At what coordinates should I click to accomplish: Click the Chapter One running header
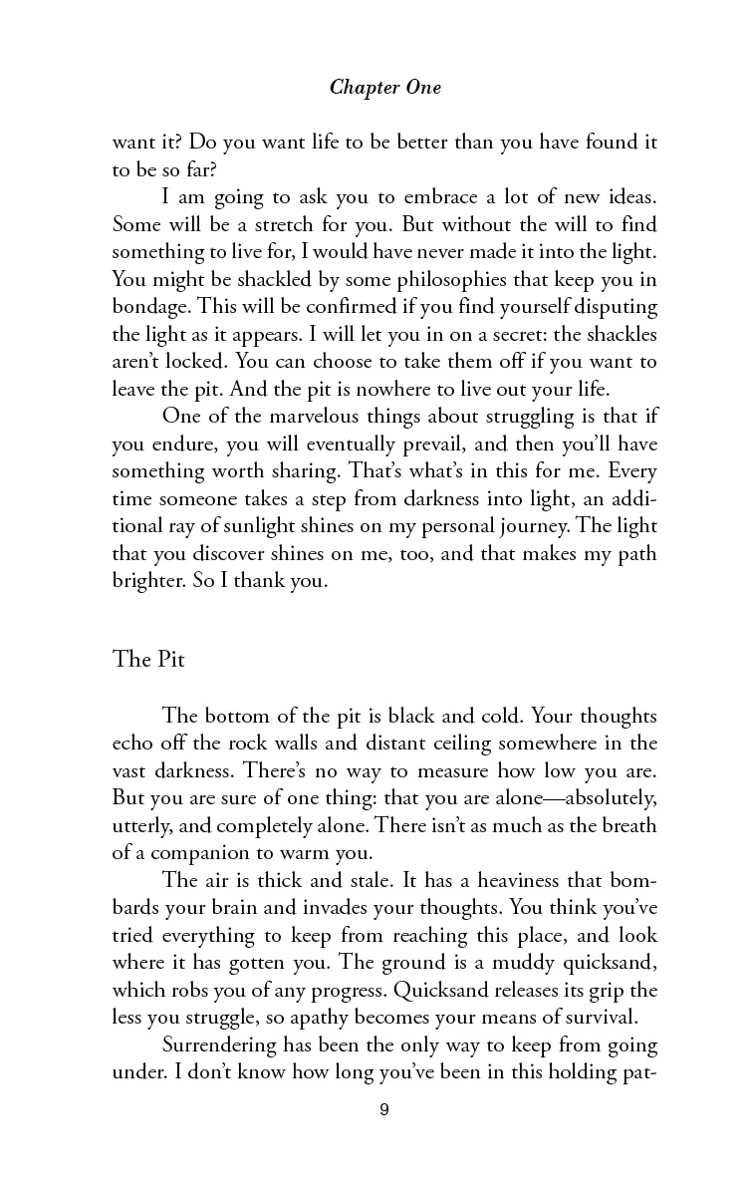[x=384, y=88]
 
